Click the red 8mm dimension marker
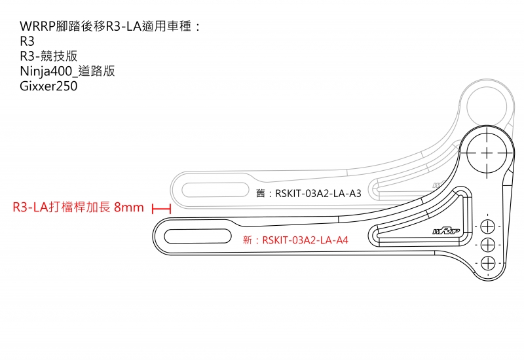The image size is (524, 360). pyautogui.click(x=161, y=208)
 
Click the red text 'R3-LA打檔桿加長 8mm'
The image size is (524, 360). pyautogui.click(x=78, y=208)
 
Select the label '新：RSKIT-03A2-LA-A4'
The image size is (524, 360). pyautogui.click(x=295, y=240)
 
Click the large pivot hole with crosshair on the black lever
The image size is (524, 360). pyautogui.click(x=487, y=151)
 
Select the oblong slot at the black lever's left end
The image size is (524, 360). pyautogui.click(x=197, y=236)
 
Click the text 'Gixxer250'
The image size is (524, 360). pyautogui.click(x=48, y=86)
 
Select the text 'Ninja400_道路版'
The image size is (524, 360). pyautogui.click(x=67, y=71)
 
